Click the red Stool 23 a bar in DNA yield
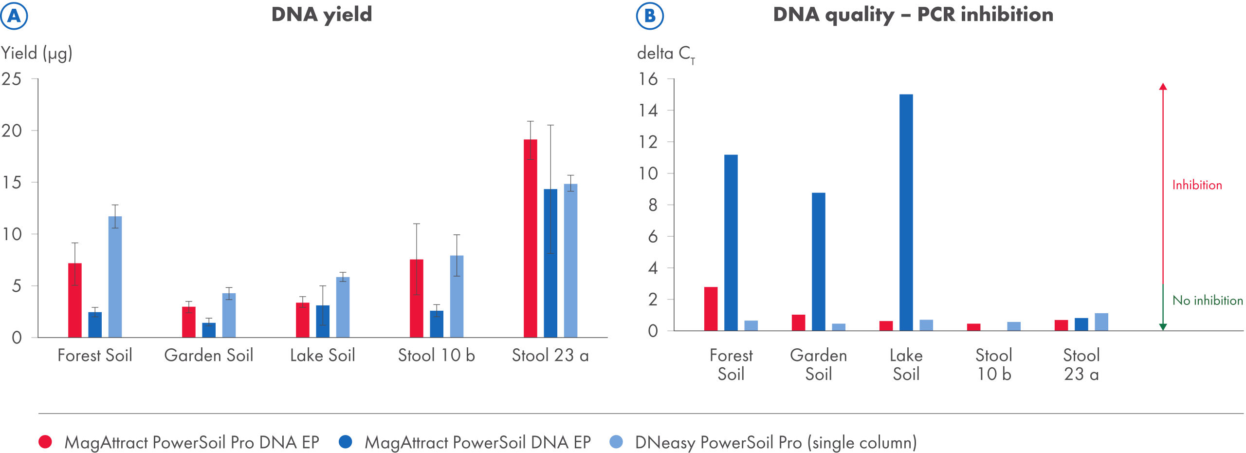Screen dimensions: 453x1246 coord(530,238)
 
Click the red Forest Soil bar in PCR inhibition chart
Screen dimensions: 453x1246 coord(711,309)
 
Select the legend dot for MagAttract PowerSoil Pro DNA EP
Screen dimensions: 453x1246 coord(45,442)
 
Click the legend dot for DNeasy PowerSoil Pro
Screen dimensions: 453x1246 coord(616,442)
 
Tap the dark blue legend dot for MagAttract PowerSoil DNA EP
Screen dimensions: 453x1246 coord(345,442)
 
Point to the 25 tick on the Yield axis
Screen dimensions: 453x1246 coord(12,79)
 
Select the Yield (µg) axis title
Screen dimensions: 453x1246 coord(37,53)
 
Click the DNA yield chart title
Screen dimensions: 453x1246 coord(321,14)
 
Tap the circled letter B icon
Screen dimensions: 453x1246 coord(650,16)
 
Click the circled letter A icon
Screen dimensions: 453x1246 coord(14,16)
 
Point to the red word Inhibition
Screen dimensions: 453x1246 coord(1197,185)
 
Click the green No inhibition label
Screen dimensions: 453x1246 coord(1207,301)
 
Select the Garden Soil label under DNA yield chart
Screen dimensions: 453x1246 coord(208,355)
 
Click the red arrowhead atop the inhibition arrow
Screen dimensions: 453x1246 coord(1163,87)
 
